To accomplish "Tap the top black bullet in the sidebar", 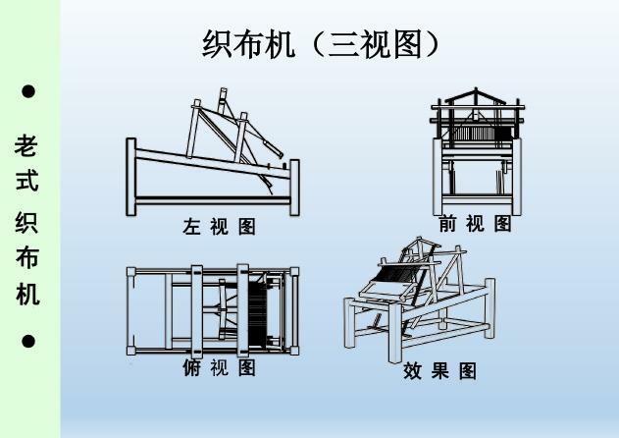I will [x=28, y=91].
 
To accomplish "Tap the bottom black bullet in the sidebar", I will [x=28, y=342].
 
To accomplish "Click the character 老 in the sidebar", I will [x=27, y=146].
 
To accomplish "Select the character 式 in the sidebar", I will [x=27, y=184].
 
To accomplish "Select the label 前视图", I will [x=476, y=224].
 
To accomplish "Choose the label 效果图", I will [x=439, y=371].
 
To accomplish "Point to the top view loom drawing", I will [x=212, y=309].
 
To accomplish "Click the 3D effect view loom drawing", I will [x=420, y=300].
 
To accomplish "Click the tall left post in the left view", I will [x=131, y=177].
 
